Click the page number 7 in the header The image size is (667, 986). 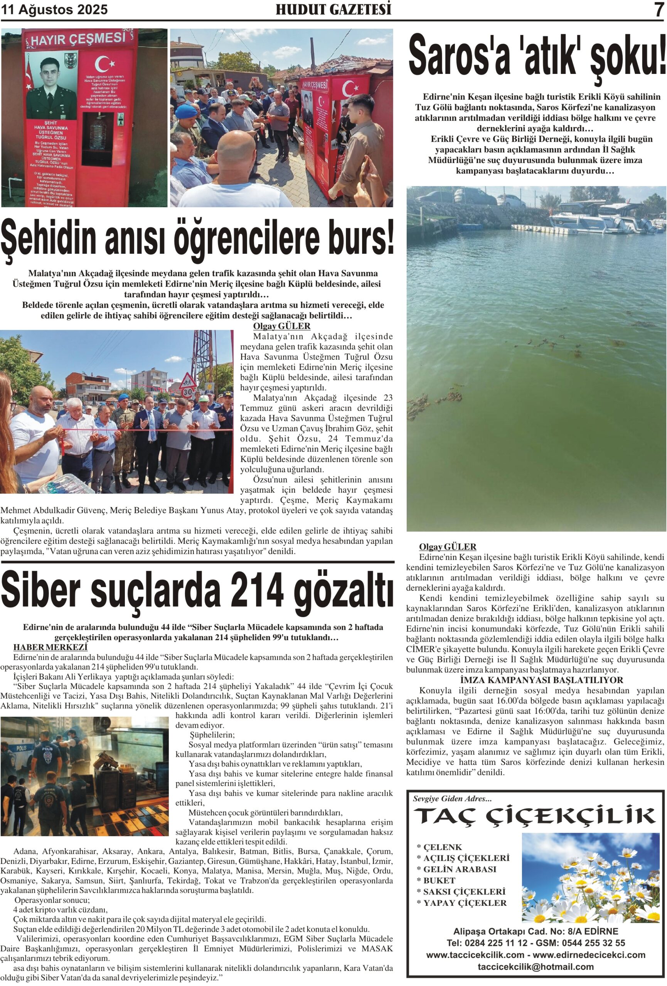[x=659, y=9]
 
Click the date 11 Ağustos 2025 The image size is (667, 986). [x=54, y=9]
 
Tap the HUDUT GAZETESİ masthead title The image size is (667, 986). [x=333, y=9]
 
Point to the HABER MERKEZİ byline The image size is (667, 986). [x=50, y=647]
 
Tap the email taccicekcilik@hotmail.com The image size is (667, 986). [x=536, y=966]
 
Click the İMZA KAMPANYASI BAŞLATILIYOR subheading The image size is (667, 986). [x=535, y=680]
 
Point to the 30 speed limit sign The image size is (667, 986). [x=188, y=391]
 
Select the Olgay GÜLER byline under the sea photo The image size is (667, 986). [x=448, y=547]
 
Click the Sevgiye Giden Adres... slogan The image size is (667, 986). [x=452, y=798]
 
